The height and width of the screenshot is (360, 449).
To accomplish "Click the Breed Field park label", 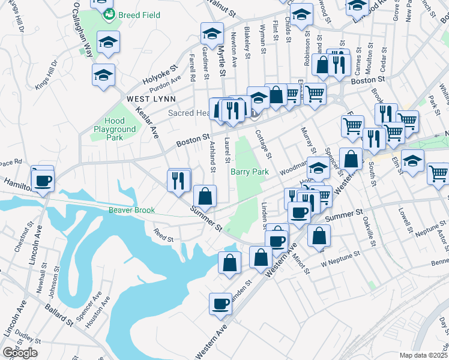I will [139, 14].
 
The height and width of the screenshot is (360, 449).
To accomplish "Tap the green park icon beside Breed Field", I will [109, 14].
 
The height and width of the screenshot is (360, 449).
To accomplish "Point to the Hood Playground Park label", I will [115, 129].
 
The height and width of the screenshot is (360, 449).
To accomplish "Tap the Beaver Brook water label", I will [131, 210].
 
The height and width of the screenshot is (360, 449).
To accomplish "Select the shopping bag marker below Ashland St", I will [205, 196].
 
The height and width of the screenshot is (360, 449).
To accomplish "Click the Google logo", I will [20, 352].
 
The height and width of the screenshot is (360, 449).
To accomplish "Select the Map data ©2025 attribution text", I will [424, 355].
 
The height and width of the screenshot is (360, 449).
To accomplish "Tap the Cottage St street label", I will [264, 145].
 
